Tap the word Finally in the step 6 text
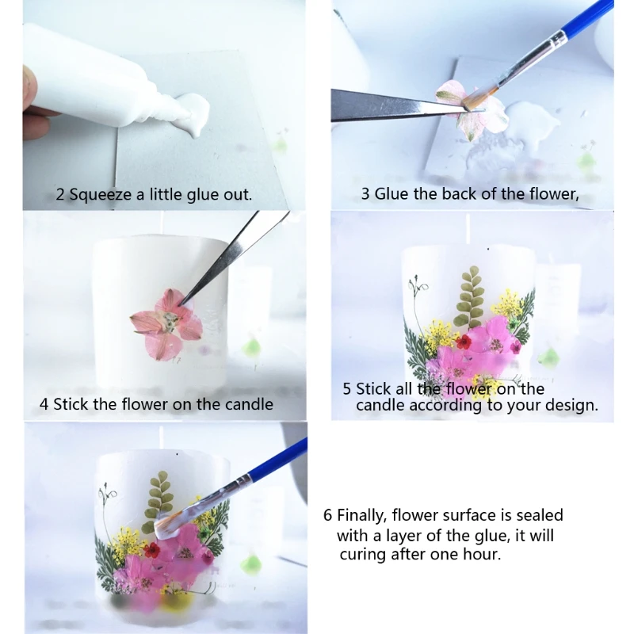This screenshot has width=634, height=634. tap(361, 516)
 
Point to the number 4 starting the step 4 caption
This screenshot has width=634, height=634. tap(44, 404)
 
